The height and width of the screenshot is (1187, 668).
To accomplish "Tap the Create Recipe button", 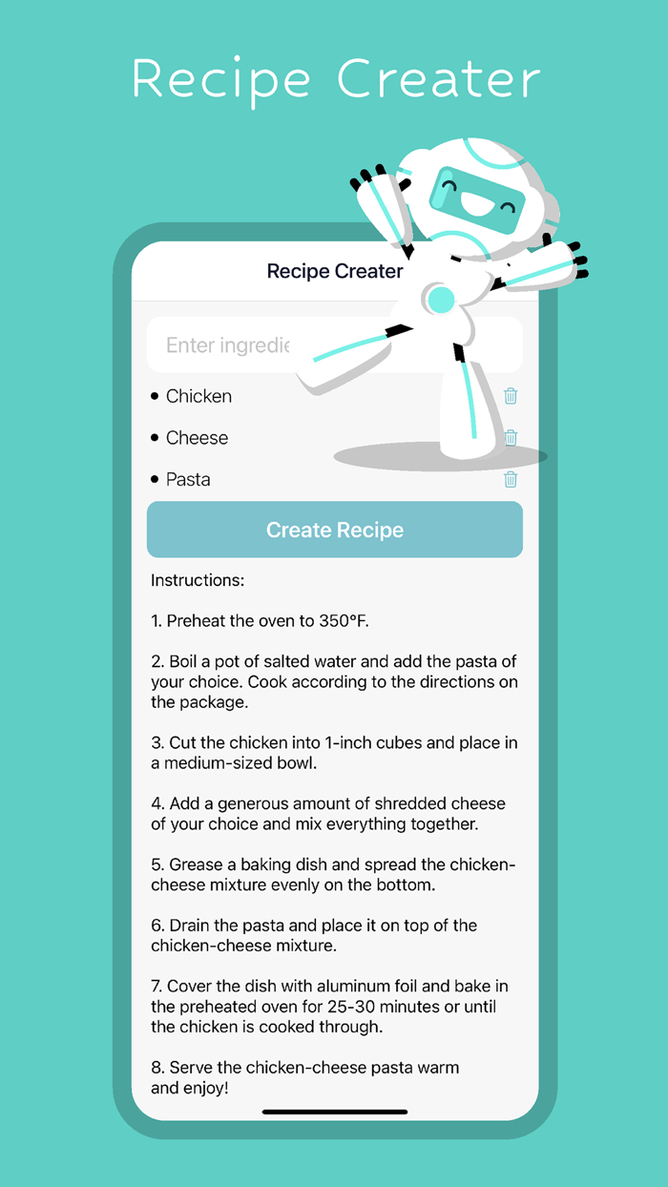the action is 335,530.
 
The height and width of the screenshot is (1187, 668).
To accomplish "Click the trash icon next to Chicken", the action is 511,396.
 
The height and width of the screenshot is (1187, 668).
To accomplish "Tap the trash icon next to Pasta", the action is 511,479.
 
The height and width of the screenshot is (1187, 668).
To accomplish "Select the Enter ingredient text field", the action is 228,345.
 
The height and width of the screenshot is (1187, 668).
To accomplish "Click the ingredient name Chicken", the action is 198,396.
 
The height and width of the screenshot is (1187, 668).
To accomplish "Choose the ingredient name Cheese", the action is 197,438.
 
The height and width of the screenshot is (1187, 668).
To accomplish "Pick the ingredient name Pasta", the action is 188,480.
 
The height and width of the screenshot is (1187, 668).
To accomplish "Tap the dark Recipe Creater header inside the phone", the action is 335,271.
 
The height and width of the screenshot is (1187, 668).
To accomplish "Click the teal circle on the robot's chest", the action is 441,300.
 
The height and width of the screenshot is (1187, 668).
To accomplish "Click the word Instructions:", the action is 198,580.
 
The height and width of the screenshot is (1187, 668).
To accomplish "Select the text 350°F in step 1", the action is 343,620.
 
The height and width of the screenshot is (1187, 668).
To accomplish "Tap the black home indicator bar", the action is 335,1112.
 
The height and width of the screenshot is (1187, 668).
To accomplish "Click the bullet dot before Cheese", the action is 155,438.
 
